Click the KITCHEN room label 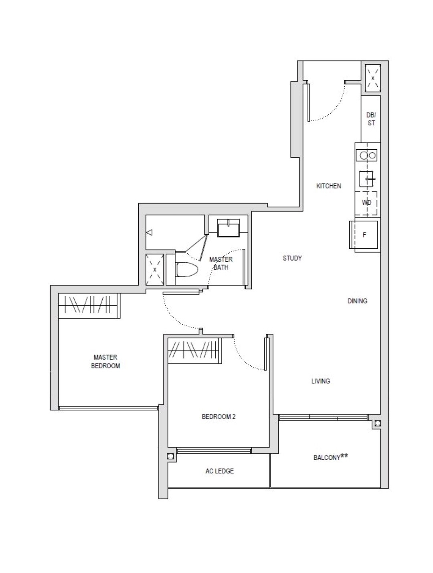(328, 186)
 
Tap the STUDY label (292, 258)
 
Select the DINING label (357, 301)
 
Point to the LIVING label (320, 381)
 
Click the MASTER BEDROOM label (105, 361)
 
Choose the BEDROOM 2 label (219, 417)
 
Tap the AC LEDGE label (219, 471)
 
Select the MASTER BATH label (221, 263)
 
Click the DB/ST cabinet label (371, 119)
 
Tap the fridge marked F (364, 235)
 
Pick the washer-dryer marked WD (367, 203)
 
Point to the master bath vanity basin (228, 228)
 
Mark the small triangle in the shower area (150, 232)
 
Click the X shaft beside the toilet (154, 270)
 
